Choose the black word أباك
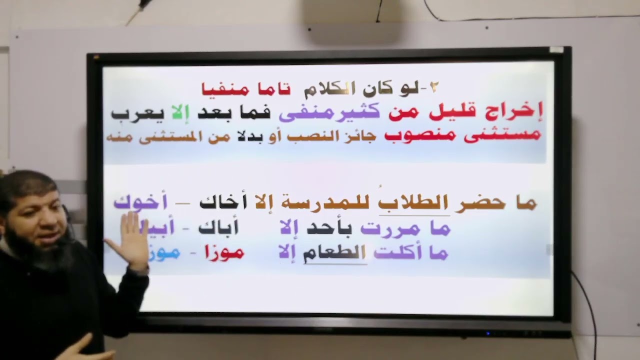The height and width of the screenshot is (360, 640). click(x=218, y=228)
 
